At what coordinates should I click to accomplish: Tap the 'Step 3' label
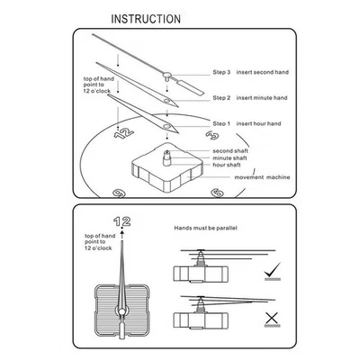point(222,71)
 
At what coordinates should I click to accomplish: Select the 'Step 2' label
point(222,97)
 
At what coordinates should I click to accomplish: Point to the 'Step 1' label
point(222,122)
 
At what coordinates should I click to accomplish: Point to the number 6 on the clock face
point(217,192)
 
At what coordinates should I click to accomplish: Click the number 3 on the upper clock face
point(212,134)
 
